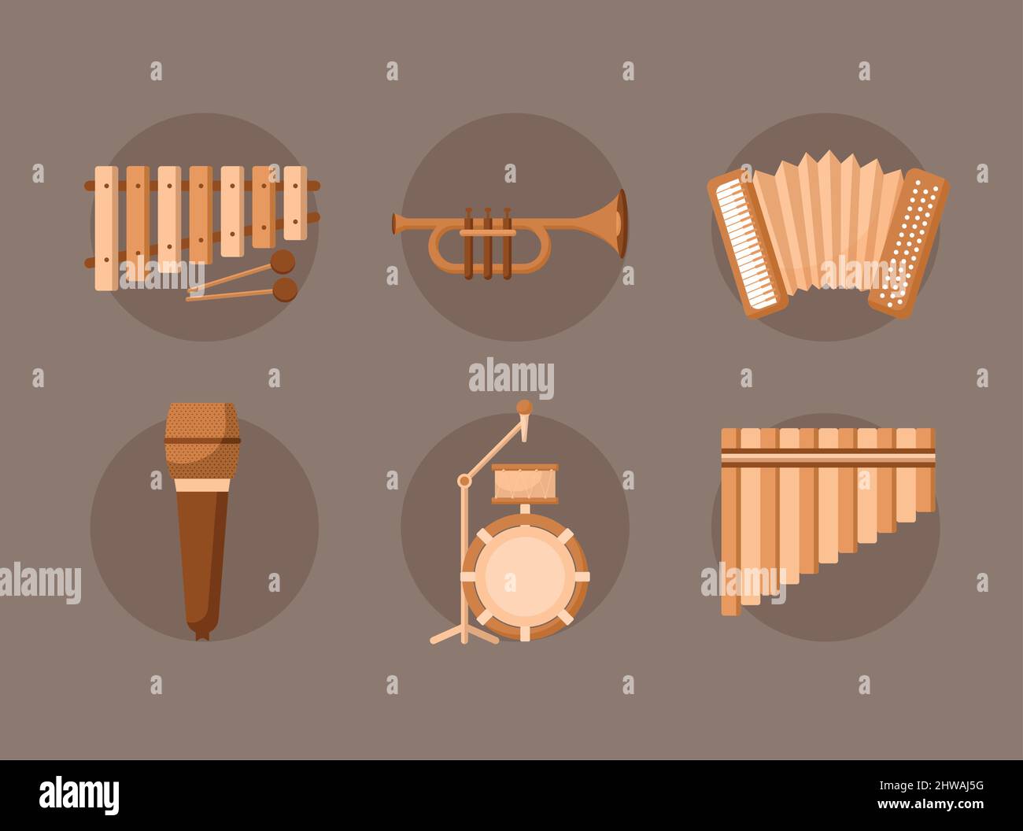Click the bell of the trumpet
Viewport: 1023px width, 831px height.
click(617, 223)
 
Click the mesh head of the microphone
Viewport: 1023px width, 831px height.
click(202, 441)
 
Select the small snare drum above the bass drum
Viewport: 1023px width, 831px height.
click(524, 483)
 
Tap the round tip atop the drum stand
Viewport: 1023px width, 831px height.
click(523, 407)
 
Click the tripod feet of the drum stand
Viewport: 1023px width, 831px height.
click(464, 634)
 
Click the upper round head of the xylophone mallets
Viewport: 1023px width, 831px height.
click(283, 260)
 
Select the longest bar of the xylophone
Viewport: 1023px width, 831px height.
click(106, 227)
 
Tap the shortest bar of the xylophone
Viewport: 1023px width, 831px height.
click(295, 203)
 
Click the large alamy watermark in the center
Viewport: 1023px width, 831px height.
click(511, 379)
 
